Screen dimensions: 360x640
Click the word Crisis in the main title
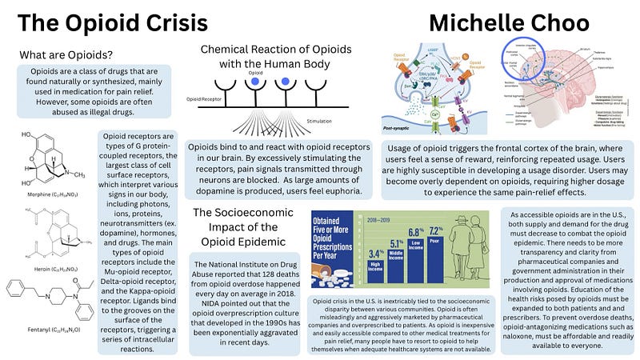tap(173, 23)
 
